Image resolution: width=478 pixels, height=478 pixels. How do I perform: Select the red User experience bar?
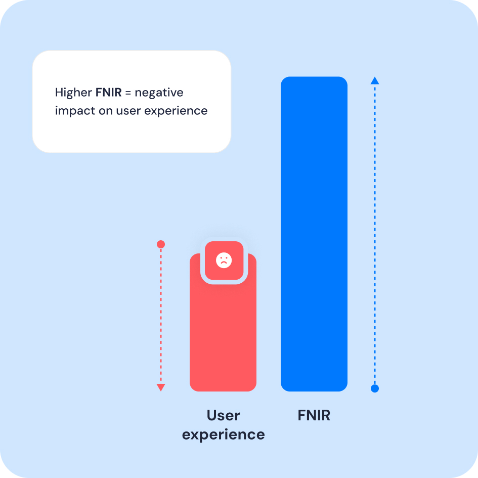[223, 334]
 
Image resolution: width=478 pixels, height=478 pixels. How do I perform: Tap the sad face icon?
[224, 260]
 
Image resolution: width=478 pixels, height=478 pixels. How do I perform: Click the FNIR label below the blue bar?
[314, 416]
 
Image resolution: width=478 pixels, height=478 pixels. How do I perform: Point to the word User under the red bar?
[223, 416]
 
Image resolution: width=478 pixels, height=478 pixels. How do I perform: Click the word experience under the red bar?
[223, 434]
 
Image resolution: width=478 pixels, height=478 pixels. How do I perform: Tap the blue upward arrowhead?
[375, 80]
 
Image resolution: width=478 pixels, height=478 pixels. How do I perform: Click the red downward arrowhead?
[161, 387]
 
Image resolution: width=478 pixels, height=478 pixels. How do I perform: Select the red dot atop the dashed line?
[161, 244]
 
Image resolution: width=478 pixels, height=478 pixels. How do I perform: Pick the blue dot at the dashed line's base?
[375, 388]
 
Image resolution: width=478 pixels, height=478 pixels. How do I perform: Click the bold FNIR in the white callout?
[109, 93]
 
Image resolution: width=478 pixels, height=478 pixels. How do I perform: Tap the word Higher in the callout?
[74, 93]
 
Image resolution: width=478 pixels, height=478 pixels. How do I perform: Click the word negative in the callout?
[159, 93]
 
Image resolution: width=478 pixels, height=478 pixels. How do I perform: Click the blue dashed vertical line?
[375, 233]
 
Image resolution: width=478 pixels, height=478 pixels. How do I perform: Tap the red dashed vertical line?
[161, 314]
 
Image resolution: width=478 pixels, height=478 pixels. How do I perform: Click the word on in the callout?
[106, 111]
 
